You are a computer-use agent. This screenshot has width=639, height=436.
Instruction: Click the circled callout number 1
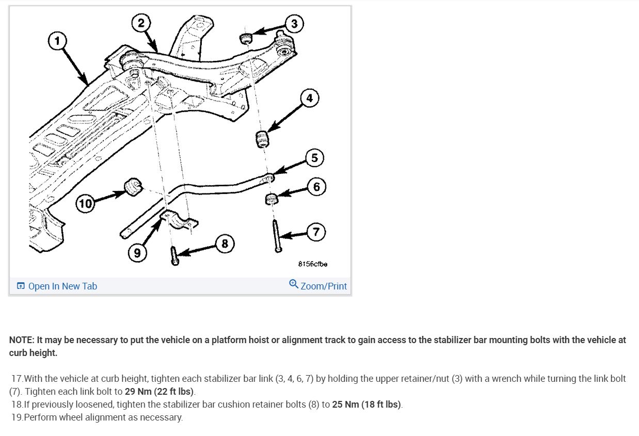pos(57,41)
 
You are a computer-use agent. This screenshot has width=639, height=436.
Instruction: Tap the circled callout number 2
pos(141,23)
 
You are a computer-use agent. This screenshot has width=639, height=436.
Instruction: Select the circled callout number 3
pos(294,24)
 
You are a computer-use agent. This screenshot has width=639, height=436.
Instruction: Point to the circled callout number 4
pos(310,98)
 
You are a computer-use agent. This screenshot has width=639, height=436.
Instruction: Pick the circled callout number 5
pos(315,158)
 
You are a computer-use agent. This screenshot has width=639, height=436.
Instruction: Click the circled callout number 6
pos(316,187)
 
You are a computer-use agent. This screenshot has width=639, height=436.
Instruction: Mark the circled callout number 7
pos(316,232)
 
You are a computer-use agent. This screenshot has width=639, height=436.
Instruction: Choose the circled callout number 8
pos(225,244)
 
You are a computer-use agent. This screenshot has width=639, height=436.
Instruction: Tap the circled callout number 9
pos(137,253)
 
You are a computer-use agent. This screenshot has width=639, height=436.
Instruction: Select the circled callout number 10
pos(85,204)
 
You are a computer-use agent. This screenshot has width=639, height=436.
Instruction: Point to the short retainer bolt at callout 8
pos(174,256)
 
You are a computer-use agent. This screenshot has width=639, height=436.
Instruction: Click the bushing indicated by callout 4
pos(262,139)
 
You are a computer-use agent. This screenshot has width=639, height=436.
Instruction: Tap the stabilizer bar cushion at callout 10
pos(133,187)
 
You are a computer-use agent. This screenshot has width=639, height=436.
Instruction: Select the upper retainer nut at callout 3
pos(246,38)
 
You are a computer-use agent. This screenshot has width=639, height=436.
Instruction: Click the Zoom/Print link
pos(318,285)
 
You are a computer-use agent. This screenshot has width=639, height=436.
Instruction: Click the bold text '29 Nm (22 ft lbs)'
pos(159,391)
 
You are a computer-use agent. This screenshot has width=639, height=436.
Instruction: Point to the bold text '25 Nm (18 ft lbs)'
pos(366,405)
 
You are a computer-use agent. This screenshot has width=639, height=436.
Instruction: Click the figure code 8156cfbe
pos(313,264)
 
